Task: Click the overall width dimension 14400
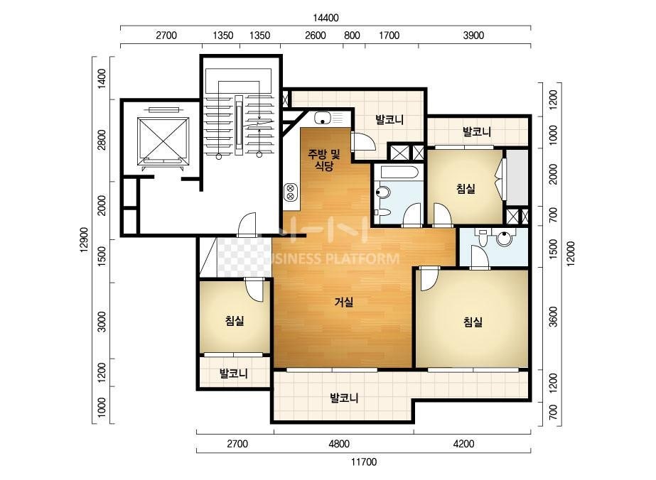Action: (x=326, y=18)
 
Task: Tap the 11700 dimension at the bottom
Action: (x=364, y=462)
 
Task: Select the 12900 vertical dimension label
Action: (x=85, y=240)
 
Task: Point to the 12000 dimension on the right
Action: (x=571, y=253)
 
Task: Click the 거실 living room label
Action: (x=344, y=302)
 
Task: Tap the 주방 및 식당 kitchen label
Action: (x=324, y=160)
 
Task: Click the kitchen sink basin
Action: (x=323, y=118)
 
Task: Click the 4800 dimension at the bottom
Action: (x=339, y=444)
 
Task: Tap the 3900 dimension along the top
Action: (x=473, y=36)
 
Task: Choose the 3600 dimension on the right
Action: (x=553, y=317)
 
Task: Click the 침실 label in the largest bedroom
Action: (x=473, y=322)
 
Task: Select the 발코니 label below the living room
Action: (x=344, y=398)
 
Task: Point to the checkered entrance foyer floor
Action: (x=244, y=257)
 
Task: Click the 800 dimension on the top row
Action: (x=352, y=36)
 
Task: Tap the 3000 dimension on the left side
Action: (x=102, y=322)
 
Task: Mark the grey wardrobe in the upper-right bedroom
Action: (x=517, y=178)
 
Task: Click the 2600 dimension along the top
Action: (x=316, y=36)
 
